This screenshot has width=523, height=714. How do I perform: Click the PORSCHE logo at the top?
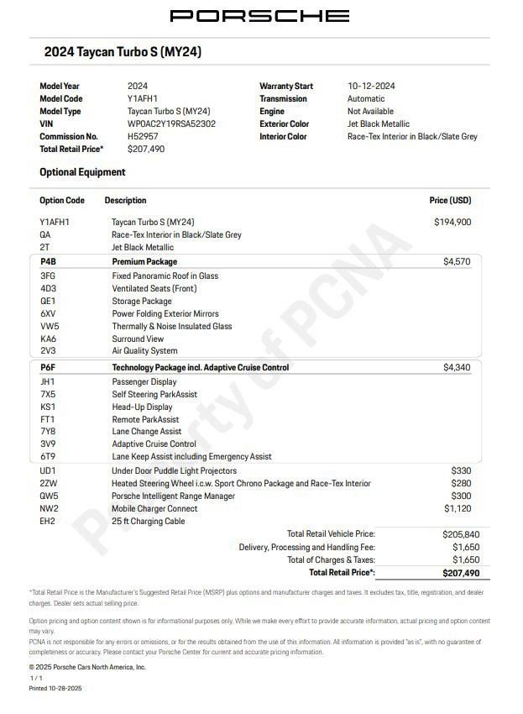pyautogui.click(x=259, y=15)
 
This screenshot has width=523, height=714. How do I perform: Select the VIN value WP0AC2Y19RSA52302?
pyautogui.click(x=171, y=123)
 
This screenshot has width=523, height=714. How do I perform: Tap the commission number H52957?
pyautogui.click(x=142, y=136)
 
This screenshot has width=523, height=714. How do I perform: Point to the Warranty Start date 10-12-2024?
pyautogui.click(x=371, y=86)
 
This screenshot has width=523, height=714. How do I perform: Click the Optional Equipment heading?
pyautogui.click(x=82, y=172)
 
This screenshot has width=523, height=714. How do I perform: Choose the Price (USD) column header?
pyautogui.click(x=450, y=201)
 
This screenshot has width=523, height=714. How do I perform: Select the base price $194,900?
pyautogui.click(x=452, y=222)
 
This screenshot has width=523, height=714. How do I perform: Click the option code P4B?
pyautogui.click(x=48, y=262)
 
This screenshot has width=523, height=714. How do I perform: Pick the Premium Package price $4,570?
pyautogui.click(x=457, y=262)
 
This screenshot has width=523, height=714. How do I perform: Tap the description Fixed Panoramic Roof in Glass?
pyautogui.click(x=165, y=276)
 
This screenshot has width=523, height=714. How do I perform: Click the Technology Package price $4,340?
pyautogui.click(x=457, y=368)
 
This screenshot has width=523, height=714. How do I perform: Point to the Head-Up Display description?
pyautogui.click(x=142, y=407)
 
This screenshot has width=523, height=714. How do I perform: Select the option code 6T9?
pyautogui.click(x=48, y=457)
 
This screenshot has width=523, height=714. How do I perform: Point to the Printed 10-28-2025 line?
pyautogui.click(x=55, y=688)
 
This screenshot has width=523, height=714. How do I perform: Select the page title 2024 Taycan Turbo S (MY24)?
pyautogui.click(x=123, y=52)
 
